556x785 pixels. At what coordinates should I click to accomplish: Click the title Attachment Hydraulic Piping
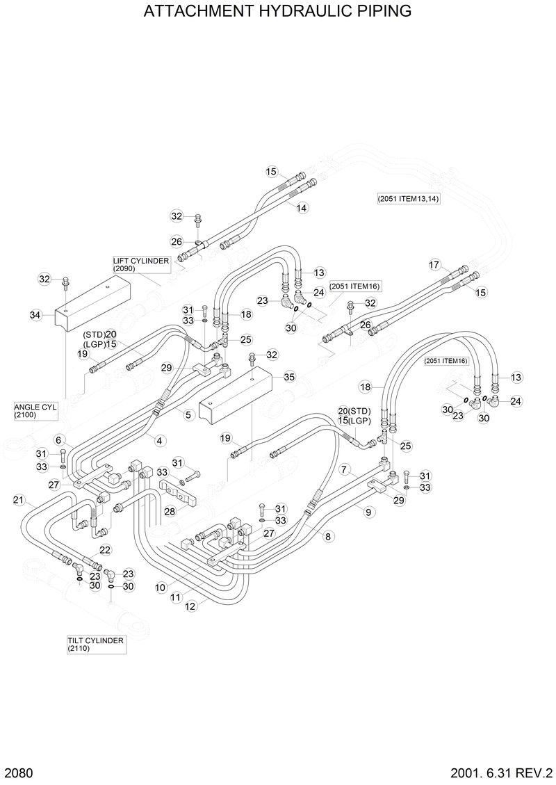(277, 12)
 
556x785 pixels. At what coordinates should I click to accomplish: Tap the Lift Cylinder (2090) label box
(141, 264)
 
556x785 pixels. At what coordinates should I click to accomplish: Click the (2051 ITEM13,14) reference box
(409, 198)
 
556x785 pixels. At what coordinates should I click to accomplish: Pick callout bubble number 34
(36, 316)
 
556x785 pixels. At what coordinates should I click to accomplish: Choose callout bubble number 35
(289, 377)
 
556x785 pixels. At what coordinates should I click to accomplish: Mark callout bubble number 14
(302, 208)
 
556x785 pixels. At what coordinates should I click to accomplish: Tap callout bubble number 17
(434, 265)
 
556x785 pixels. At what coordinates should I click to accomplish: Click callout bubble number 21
(19, 499)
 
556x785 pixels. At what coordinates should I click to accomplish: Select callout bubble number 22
(104, 549)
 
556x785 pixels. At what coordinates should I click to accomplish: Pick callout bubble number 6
(59, 439)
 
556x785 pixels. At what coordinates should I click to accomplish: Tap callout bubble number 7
(343, 470)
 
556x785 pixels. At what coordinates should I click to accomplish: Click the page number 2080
(18, 772)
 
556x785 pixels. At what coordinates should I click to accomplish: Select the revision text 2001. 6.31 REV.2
(500, 772)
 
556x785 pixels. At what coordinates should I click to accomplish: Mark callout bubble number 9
(368, 512)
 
